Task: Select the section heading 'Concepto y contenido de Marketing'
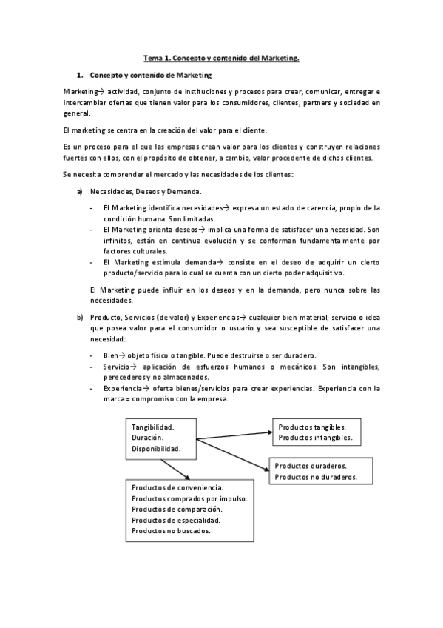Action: point(150,76)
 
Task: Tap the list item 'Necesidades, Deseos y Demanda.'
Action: point(140,192)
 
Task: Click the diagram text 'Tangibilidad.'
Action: point(152,427)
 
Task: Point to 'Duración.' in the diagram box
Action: point(146,438)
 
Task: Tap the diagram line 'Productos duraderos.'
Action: point(311,467)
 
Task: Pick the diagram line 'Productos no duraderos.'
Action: point(316,478)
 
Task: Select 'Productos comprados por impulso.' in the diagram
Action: point(189,498)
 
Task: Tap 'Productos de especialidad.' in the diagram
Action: point(176,520)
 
